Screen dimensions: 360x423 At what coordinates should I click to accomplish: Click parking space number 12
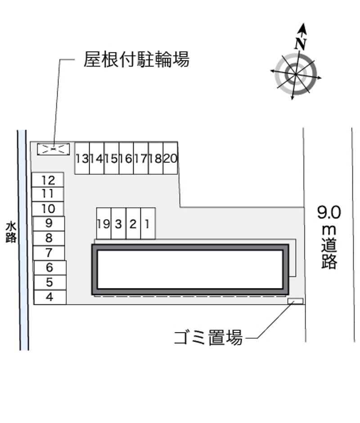click(48, 180)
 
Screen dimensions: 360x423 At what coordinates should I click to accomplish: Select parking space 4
click(50, 297)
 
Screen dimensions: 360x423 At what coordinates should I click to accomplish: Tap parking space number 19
click(103, 223)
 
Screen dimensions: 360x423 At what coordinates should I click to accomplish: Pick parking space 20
click(170, 158)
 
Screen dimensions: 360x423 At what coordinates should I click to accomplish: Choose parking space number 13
click(82, 158)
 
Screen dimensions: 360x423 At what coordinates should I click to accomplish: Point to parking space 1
click(148, 223)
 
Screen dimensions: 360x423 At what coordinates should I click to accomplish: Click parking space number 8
click(49, 238)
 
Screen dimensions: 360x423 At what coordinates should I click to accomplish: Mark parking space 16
click(126, 158)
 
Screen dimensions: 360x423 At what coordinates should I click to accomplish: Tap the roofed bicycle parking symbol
click(54, 149)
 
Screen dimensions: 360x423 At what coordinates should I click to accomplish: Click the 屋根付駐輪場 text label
click(136, 59)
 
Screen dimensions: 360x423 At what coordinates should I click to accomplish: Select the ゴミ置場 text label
click(208, 337)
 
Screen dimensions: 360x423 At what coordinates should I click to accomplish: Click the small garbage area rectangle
click(295, 301)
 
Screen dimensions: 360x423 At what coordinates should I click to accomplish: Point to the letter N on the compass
click(300, 44)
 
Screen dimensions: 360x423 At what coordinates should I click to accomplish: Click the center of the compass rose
click(296, 74)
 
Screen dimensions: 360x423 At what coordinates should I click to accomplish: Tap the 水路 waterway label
click(11, 232)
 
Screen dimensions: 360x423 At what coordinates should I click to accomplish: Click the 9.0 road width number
click(329, 212)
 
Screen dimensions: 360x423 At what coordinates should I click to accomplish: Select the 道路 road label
click(329, 253)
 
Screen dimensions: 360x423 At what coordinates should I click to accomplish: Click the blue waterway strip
click(23, 240)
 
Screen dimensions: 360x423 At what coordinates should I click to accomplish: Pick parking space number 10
click(48, 209)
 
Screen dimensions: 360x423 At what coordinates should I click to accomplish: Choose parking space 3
click(118, 223)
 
